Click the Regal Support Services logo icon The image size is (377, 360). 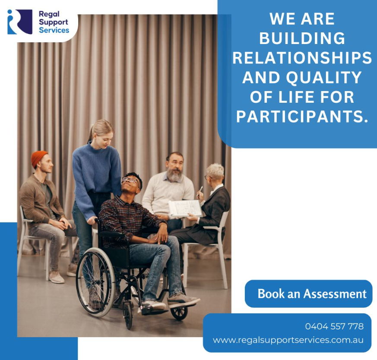click(x=20, y=22)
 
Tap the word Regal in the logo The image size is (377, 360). click(x=49, y=14)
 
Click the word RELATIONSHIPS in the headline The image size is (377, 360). click(x=302, y=58)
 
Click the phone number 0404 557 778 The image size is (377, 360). click(x=334, y=326)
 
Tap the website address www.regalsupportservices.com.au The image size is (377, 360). click(x=288, y=340)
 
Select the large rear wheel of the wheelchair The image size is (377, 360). click(x=95, y=282)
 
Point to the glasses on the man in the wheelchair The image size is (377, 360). click(x=130, y=180)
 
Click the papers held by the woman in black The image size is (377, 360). click(x=185, y=208)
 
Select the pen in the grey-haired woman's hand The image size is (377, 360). click(x=200, y=190)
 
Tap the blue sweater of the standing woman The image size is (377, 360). click(x=96, y=177)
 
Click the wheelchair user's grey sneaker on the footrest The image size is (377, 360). click(x=183, y=300)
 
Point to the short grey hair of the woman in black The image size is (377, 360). click(x=215, y=170)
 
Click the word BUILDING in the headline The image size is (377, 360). click(x=302, y=38)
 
